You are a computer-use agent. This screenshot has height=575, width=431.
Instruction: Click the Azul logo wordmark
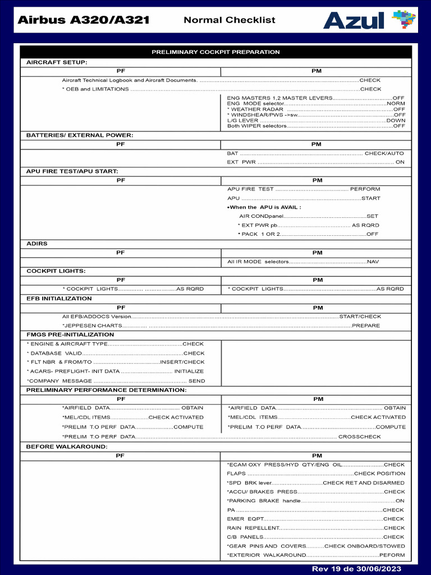pos(354,20)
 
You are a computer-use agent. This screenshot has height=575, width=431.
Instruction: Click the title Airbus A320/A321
pos(83,20)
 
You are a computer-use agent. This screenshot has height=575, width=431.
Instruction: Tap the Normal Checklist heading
pos(230,20)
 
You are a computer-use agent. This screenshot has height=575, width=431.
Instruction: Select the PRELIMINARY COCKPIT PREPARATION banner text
pos(215,52)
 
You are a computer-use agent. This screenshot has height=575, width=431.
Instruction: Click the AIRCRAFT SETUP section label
pos(57,62)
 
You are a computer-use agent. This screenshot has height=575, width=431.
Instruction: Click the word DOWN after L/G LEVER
pos(396,121)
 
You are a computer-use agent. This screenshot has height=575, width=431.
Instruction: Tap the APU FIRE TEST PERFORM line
pos(303,189)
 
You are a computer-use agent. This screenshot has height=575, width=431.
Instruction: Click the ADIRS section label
pos(37,244)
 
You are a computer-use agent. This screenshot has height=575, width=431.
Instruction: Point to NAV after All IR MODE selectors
pos(373,262)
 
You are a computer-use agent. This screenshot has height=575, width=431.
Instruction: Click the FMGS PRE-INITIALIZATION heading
pos(70,335)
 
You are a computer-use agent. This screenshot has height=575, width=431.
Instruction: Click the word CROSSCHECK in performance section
pos(359,436)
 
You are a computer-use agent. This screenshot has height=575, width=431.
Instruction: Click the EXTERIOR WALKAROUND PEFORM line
pos(315,555)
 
